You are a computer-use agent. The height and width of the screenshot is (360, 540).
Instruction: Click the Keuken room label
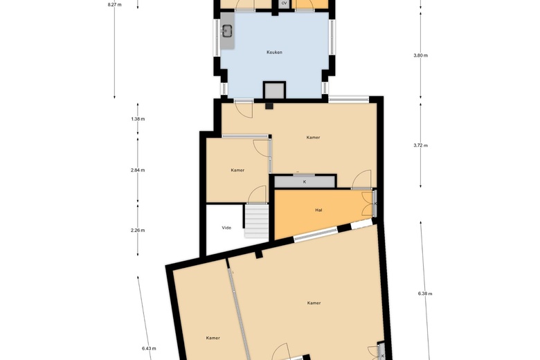pos(274,52)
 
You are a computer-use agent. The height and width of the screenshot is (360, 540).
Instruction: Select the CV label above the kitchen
pos(284,3)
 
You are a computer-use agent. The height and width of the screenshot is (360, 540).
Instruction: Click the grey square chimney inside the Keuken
pos(274,90)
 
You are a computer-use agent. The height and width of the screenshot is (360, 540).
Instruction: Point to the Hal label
pos(318,210)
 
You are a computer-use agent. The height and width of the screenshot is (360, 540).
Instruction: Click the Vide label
pos(226,227)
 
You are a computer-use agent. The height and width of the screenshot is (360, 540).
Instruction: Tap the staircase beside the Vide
pos(257,222)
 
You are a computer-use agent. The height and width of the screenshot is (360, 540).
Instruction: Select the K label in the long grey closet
pos(305,181)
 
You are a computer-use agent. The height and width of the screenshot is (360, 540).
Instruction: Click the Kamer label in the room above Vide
pos(237,170)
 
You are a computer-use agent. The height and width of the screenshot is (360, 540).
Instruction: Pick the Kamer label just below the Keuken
pos(313,138)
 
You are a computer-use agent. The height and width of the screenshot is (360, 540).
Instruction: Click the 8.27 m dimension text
pos(115,4)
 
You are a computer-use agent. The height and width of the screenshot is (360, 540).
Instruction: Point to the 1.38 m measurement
pos(137,119)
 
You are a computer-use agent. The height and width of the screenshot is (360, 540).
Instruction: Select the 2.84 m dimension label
pos(137,170)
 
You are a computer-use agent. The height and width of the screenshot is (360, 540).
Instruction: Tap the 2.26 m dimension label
pos(137,230)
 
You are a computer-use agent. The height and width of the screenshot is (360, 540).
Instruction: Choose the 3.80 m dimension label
pos(420,55)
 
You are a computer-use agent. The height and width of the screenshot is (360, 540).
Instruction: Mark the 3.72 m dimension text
pos(420,145)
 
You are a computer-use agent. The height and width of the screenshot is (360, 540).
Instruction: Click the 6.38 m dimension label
pos(425,294)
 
